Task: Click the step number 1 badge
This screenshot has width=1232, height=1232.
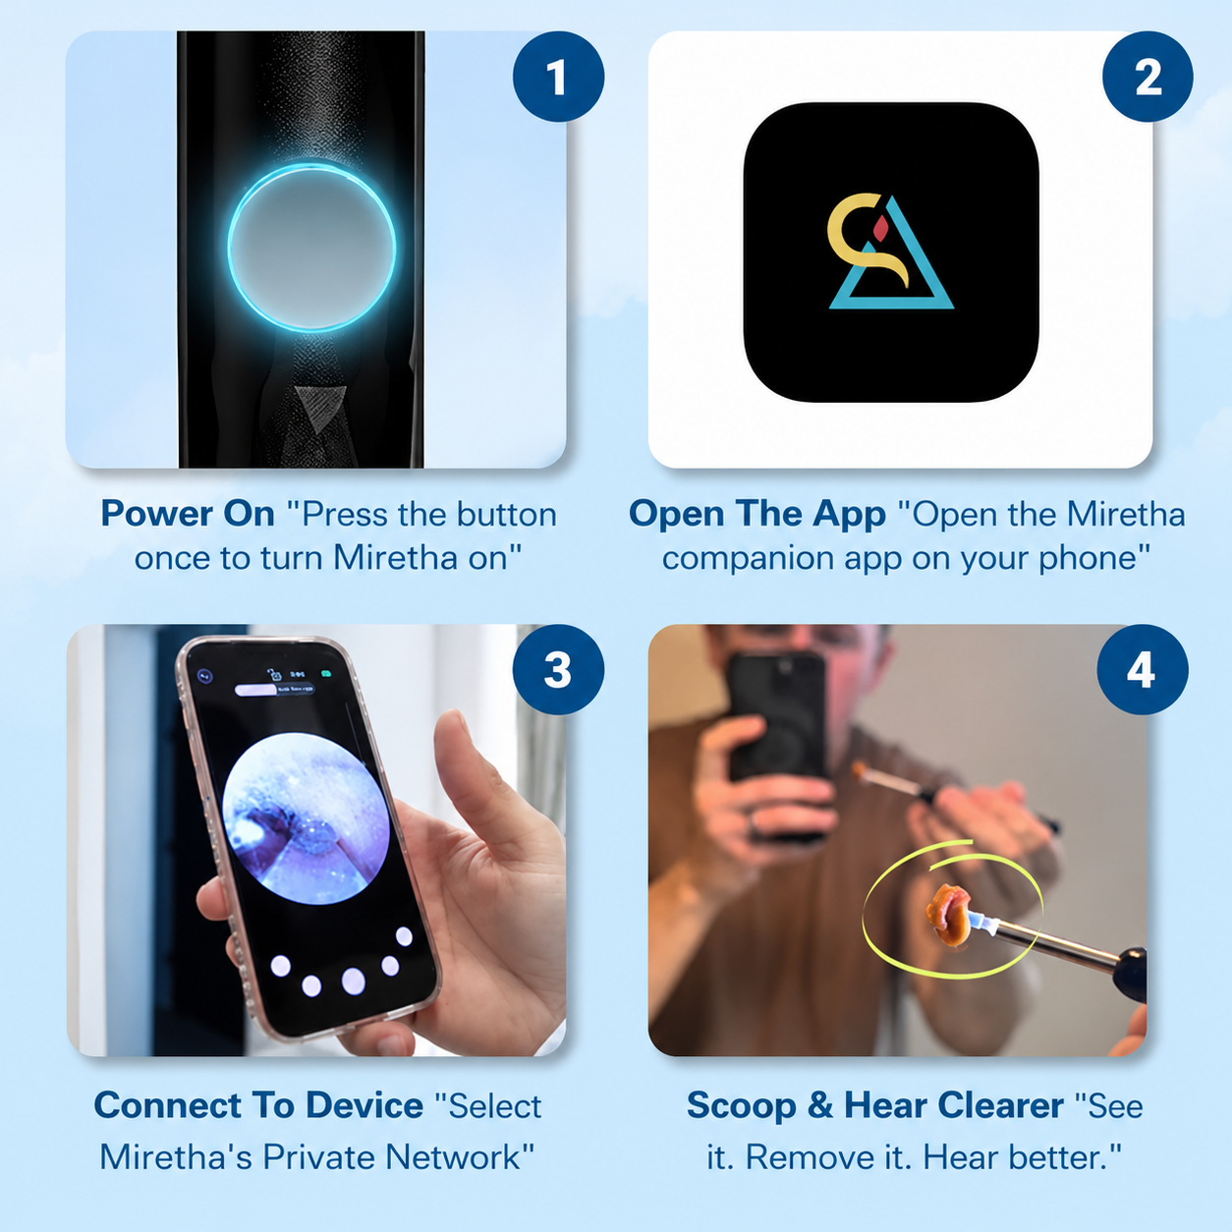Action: pos(558,76)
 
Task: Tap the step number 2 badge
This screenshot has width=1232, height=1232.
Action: pos(1148,76)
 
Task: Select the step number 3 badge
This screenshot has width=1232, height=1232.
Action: pos(558,669)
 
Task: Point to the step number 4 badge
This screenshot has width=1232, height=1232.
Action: pos(1143,669)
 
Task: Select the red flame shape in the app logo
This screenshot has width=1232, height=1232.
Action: pos(881,228)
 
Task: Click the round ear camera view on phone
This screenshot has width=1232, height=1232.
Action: pos(306,817)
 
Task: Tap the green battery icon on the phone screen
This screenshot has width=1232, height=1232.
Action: pos(327,674)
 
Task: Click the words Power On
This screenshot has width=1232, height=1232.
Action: pos(188,514)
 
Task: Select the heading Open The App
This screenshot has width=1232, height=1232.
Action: pos(756,515)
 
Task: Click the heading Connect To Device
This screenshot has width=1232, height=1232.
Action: pos(258,1105)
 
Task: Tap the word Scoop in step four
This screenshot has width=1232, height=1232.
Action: pos(742,1106)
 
